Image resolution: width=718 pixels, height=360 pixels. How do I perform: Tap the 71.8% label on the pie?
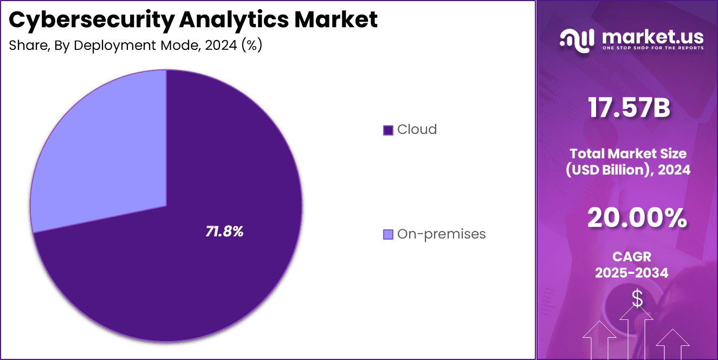(224, 232)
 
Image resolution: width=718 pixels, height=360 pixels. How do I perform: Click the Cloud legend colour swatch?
(387, 130)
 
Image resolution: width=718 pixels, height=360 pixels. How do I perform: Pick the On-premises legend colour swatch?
(387, 234)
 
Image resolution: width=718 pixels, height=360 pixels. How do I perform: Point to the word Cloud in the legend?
(417, 130)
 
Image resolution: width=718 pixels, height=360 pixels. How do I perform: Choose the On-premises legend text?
(441, 234)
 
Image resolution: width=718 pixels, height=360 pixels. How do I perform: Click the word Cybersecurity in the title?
(90, 20)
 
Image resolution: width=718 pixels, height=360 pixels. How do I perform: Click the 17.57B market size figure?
(629, 108)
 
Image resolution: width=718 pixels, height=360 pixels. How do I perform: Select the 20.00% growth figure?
(637, 218)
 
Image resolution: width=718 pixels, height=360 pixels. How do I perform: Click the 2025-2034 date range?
(632, 273)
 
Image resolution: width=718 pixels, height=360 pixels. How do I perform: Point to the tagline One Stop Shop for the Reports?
(653, 48)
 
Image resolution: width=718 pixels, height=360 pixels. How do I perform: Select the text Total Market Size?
(629, 153)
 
